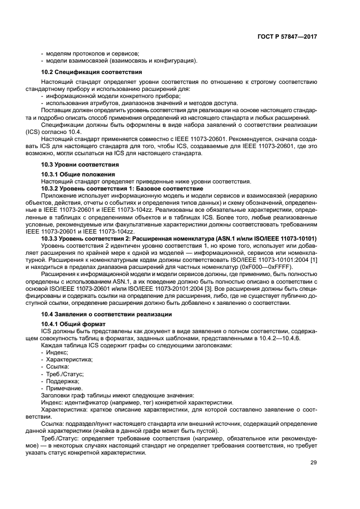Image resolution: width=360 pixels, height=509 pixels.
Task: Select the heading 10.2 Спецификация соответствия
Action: point(92,72)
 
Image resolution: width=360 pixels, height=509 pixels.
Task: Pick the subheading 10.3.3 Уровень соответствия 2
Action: point(179,239)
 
